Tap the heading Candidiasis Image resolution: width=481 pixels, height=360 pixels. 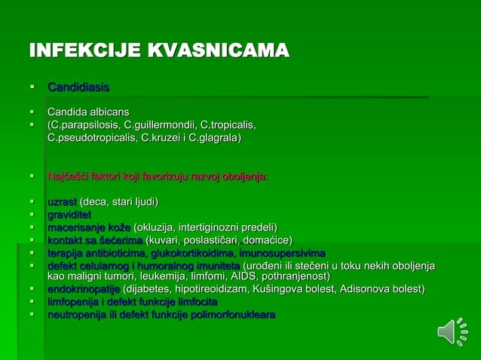(x=78, y=87)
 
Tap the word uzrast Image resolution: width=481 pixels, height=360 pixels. (x=62, y=202)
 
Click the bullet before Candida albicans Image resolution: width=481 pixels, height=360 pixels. (x=32, y=111)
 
